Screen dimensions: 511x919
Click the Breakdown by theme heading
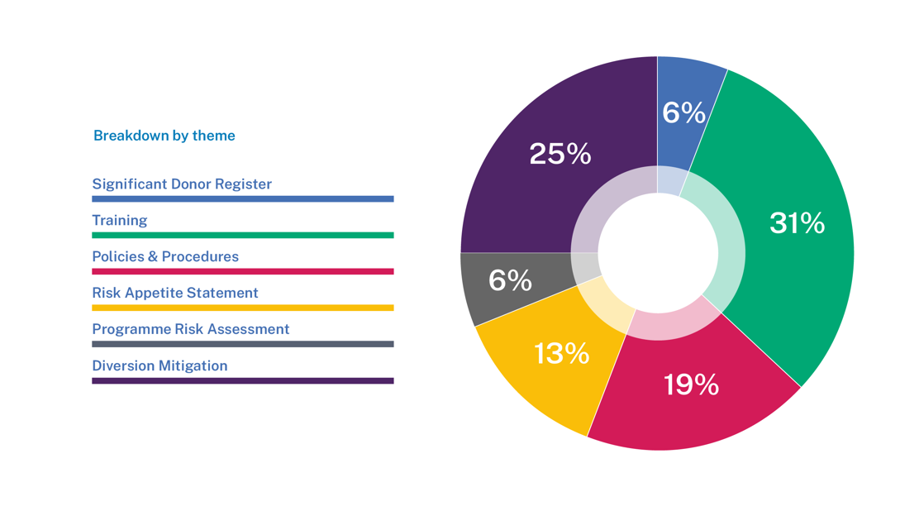(x=164, y=136)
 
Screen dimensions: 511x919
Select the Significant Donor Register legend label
(x=182, y=184)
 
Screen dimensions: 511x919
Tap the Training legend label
(x=120, y=221)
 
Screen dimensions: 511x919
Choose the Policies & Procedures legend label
(x=165, y=257)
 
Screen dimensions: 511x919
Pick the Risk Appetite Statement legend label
(x=175, y=294)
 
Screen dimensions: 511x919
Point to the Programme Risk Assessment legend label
(x=191, y=329)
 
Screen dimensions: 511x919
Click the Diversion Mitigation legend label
(x=160, y=366)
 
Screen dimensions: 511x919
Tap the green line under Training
(x=242, y=236)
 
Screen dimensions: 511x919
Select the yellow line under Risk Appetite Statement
(x=242, y=308)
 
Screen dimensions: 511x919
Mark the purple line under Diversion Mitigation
(x=242, y=381)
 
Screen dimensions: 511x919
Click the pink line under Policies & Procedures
(x=242, y=271)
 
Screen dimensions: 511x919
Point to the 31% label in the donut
(x=797, y=223)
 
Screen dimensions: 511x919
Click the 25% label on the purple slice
(x=560, y=154)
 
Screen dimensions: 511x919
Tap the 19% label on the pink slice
(x=691, y=384)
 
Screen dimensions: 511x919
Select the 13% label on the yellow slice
(x=562, y=354)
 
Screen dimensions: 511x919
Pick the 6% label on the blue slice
(x=683, y=112)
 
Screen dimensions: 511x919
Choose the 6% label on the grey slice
(x=510, y=281)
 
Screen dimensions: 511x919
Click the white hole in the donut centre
(x=658, y=253)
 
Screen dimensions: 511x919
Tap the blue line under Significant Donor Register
(x=242, y=199)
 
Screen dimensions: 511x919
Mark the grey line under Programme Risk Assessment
(x=242, y=344)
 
